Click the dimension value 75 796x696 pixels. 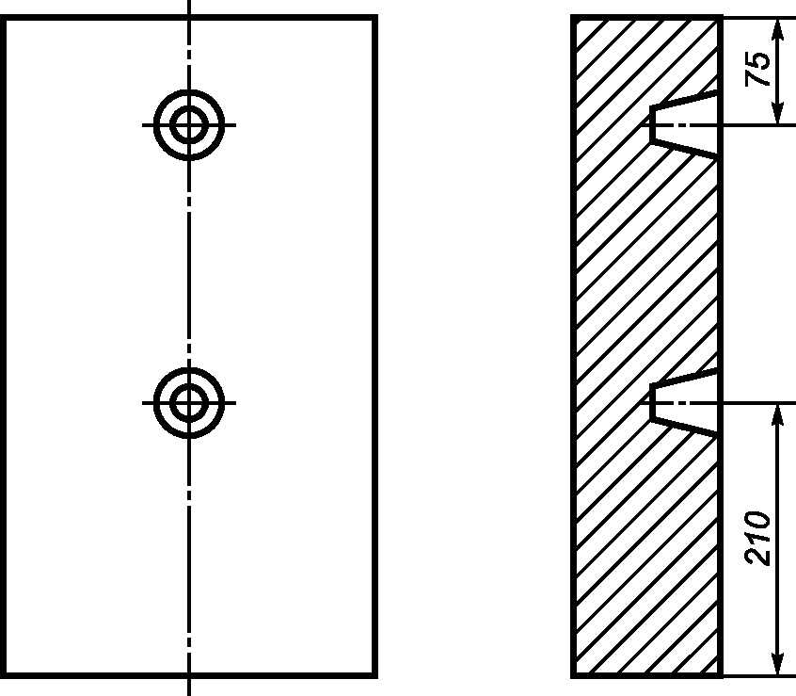(x=756, y=69)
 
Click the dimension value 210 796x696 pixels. (x=756, y=538)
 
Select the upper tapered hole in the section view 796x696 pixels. (x=684, y=125)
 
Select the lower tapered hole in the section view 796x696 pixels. (x=684, y=403)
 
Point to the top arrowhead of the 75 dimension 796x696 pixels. (x=777, y=28)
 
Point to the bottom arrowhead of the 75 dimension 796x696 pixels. (x=777, y=113)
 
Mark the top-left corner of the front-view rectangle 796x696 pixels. (x=3, y=18)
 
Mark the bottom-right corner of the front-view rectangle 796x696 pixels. (x=375, y=675)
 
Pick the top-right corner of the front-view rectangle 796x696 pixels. (x=375, y=18)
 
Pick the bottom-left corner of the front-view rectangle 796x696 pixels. (x=3, y=675)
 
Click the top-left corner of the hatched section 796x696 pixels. (x=574, y=18)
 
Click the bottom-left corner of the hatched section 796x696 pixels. (x=574, y=675)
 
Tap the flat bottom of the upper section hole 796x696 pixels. (x=652, y=125)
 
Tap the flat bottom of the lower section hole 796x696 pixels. (x=652, y=403)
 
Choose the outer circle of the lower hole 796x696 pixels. (x=189, y=370)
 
